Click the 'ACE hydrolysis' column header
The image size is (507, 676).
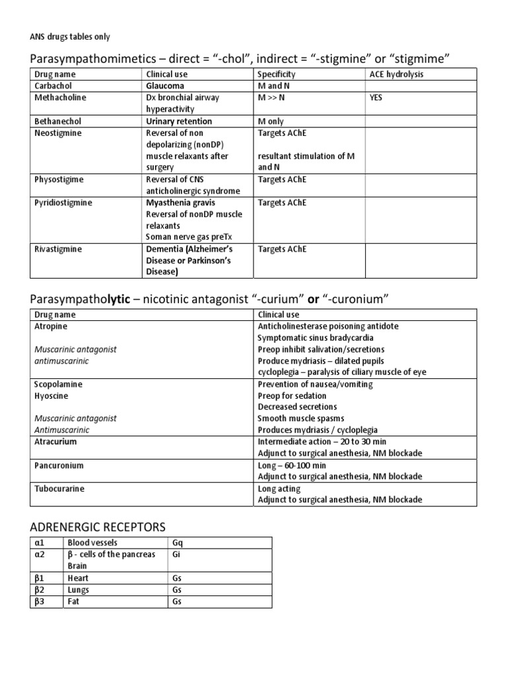396,75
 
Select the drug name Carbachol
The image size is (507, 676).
53,86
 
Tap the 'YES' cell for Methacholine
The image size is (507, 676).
378,98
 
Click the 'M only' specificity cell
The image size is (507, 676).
272,121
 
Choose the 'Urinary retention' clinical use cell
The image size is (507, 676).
179,121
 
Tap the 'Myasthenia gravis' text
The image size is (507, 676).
180,203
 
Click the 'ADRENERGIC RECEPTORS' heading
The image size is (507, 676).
98,527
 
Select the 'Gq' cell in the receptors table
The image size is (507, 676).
177,543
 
